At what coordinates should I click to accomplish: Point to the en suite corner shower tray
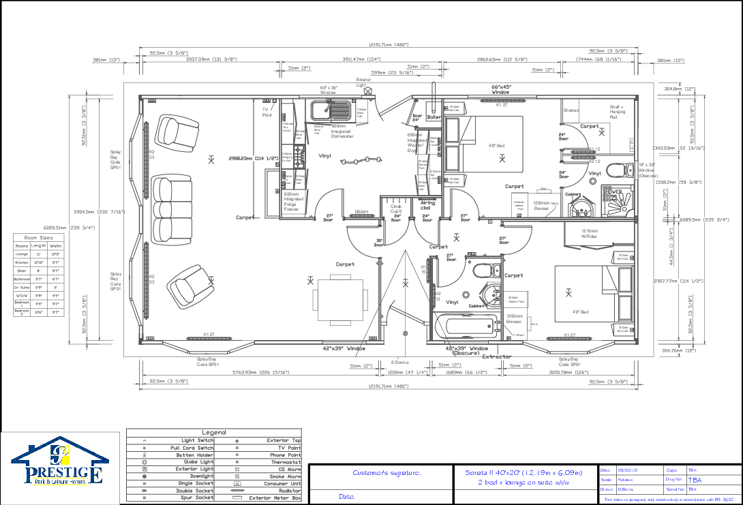coord(618,201)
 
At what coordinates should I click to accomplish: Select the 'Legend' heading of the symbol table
coord(213,433)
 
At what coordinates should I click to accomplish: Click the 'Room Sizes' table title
coord(37,238)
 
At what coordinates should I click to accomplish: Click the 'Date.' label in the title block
coord(347,497)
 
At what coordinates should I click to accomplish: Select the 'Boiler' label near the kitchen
coord(434,117)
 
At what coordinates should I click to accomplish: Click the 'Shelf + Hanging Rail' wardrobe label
coord(618,112)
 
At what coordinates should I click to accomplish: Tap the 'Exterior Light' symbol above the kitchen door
coord(368,90)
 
